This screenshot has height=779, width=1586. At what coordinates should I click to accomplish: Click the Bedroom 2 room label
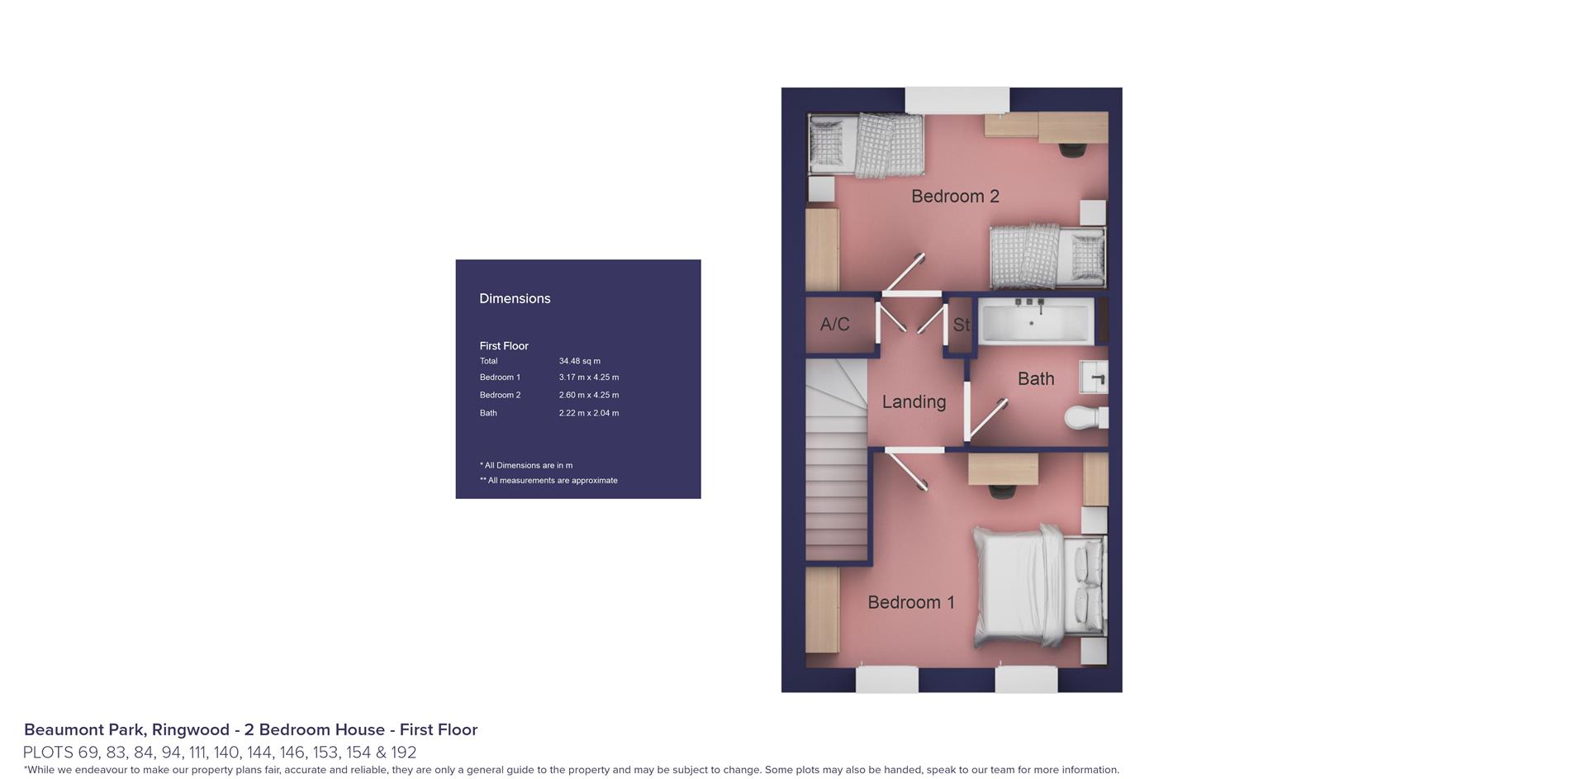955,196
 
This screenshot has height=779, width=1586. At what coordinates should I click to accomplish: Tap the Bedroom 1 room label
911,602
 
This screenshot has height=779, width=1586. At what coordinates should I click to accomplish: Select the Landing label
914,401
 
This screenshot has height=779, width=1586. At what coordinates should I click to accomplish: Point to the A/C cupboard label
834,324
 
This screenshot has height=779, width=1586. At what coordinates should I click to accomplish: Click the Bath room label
1036,378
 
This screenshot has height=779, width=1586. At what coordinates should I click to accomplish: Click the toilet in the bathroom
1086,416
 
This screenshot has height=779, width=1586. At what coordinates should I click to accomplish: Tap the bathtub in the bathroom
1037,321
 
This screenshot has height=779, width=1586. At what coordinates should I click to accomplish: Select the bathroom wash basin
1094,377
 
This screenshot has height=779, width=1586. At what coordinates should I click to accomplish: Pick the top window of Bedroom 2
957,100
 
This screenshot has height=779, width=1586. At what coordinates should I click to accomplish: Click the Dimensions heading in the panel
515,298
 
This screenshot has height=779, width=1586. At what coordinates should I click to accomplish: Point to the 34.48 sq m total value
580,361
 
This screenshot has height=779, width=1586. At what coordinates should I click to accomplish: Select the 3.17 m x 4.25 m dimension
589,378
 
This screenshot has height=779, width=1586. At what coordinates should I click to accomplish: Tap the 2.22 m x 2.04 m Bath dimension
589,413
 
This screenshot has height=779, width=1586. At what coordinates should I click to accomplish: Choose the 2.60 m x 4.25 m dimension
589,395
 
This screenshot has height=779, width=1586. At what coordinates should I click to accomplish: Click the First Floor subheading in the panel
504,346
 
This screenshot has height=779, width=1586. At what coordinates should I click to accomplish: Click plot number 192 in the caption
404,753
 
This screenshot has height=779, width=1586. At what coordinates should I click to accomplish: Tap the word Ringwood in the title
190,729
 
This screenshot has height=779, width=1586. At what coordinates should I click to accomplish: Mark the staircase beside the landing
836,460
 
